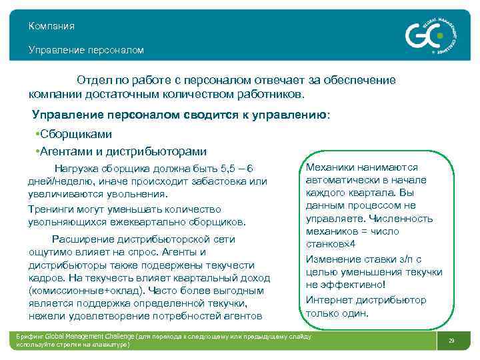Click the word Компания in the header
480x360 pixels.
[x=51, y=26]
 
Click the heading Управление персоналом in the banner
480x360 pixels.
[x=86, y=50]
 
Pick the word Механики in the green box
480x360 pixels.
[x=329, y=168]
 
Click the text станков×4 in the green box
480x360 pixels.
[x=331, y=244]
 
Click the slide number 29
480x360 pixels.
[x=451, y=341]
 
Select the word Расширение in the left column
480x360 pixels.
[x=81, y=239]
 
